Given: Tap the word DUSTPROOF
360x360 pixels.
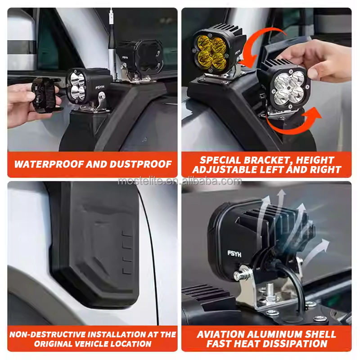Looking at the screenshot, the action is tap(140, 164).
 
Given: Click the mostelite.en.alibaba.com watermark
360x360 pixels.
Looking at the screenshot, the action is tap(180, 181).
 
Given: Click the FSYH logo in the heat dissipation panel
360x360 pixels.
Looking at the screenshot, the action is tap(234, 253).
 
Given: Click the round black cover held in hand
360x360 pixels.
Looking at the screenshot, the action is tap(45, 95).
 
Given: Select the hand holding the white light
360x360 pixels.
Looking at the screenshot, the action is tap(319, 61).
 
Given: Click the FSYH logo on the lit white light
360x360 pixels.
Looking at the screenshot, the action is tap(100, 87).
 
